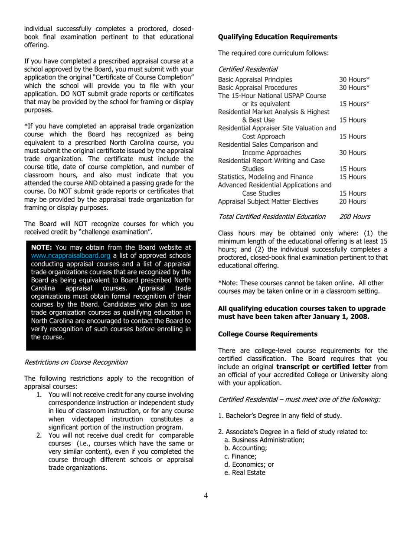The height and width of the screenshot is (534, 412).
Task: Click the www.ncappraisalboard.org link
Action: click(x=71, y=256)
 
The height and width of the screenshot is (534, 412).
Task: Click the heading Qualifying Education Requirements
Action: click(x=278, y=37)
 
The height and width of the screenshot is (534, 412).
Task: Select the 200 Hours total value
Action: click(x=354, y=217)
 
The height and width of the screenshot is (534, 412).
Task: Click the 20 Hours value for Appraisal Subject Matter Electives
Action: click(x=353, y=201)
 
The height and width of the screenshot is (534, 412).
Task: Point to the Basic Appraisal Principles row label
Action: click(x=255, y=79)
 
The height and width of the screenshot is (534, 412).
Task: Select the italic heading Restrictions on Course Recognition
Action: click(x=76, y=362)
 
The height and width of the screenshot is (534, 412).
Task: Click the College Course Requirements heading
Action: click(x=268, y=334)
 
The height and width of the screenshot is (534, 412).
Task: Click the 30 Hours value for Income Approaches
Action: click(x=353, y=153)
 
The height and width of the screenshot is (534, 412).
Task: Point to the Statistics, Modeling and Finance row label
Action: click(x=265, y=177)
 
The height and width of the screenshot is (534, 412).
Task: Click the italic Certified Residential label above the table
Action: click(x=248, y=69)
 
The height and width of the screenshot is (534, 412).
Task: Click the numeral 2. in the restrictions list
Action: click(x=40, y=435)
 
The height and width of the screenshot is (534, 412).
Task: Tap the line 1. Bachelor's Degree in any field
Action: click(x=280, y=415)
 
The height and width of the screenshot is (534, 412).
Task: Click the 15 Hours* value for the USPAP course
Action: click(x=354, y=104)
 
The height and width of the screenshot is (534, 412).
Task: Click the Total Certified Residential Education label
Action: click(x=271, y=217)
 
